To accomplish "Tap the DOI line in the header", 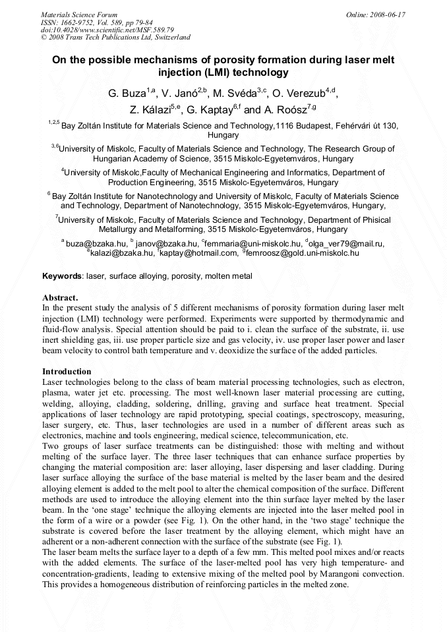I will pyautogui.click(x=107, y=30).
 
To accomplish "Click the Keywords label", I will pyautogui.click(x=63, y=276).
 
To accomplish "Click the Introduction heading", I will pyautogui.click(x=67, y=372).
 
